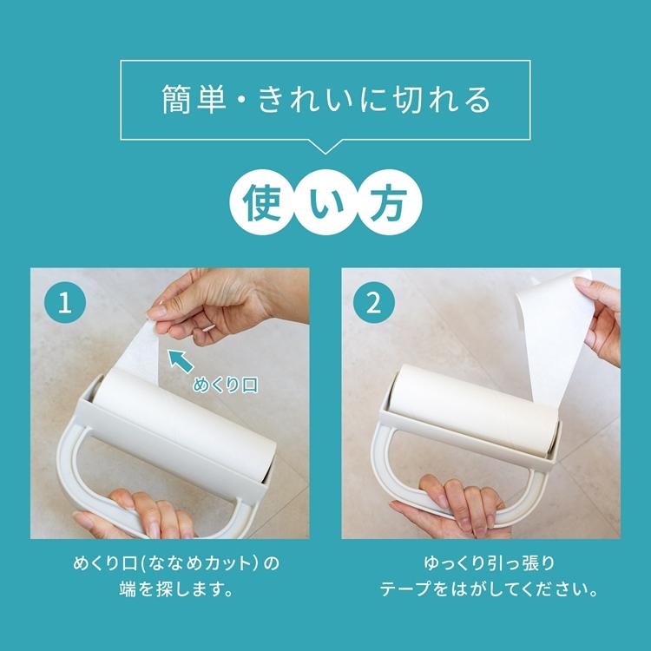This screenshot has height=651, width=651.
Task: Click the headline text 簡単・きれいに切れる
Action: [325, 100]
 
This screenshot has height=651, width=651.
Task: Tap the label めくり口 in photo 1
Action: [226, 385]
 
